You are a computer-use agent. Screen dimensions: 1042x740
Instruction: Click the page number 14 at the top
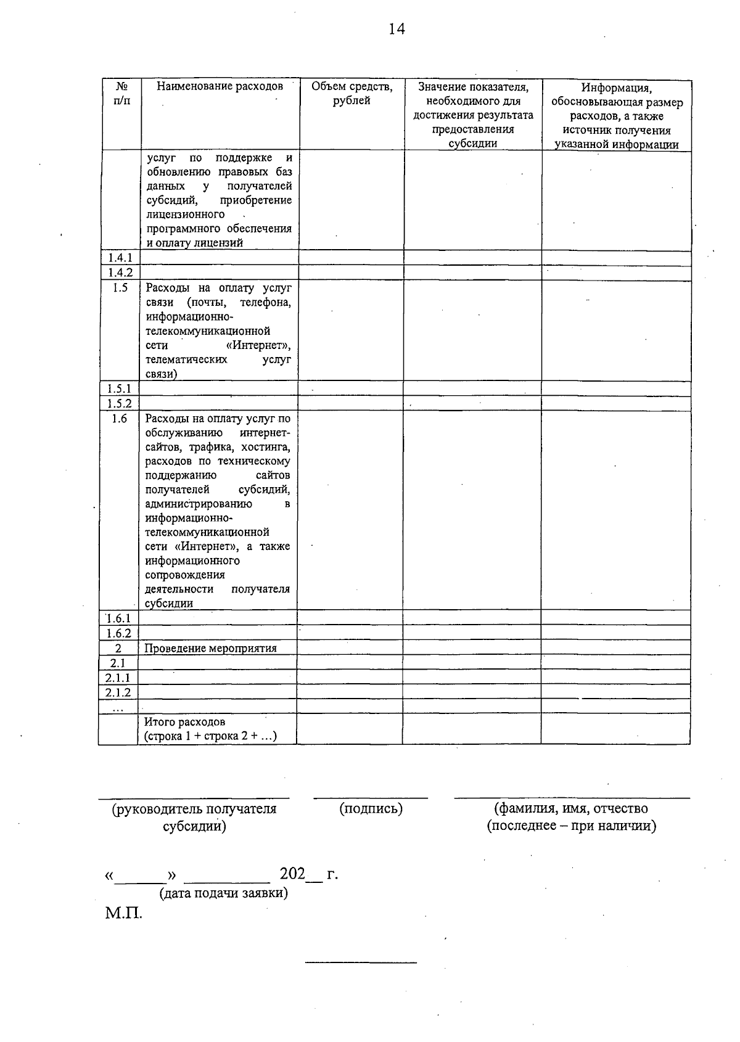pyautogui.click(x=397, y=29)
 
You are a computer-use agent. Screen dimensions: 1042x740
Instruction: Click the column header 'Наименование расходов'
pyautogui.click(x=220, y=87)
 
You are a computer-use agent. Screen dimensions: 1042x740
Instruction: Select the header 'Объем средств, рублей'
pyautogui.click(x=351, y=94)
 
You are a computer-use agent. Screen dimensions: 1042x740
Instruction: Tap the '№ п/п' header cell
pyautogui.click(x=122, y=94)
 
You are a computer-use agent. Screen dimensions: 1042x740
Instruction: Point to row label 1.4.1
pyautogui.click(x=120, y=258)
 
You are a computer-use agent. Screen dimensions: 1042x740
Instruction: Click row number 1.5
pyautogui.click(x=120, y=287)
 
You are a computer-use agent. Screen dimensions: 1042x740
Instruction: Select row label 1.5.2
pyautogui.click(x=119, y=404)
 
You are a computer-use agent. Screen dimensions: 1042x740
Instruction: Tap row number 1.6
pyautogui.click(x=119, y=419)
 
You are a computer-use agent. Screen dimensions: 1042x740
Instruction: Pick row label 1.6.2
pyautogui.click(x=118, y=633)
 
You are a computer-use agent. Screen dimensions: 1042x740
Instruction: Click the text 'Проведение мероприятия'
pyautogui.click(x=210, y=648)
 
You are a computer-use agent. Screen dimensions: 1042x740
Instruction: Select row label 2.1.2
pyautogui.click(x=118, y=692)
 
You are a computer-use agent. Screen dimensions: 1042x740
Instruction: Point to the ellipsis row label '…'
pyautogui.click(x=118, y=707)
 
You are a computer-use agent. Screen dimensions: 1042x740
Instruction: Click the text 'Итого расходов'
pyautogui.click(x=184, y=721)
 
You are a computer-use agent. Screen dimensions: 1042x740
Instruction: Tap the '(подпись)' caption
pyautogui.click(x=371, y=809)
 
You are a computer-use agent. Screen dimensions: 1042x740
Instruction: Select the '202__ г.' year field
pyautogui.click(x=308, y=874)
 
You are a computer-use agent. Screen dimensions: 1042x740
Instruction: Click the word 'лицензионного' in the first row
pyautogui.click(x=186, y=215)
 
